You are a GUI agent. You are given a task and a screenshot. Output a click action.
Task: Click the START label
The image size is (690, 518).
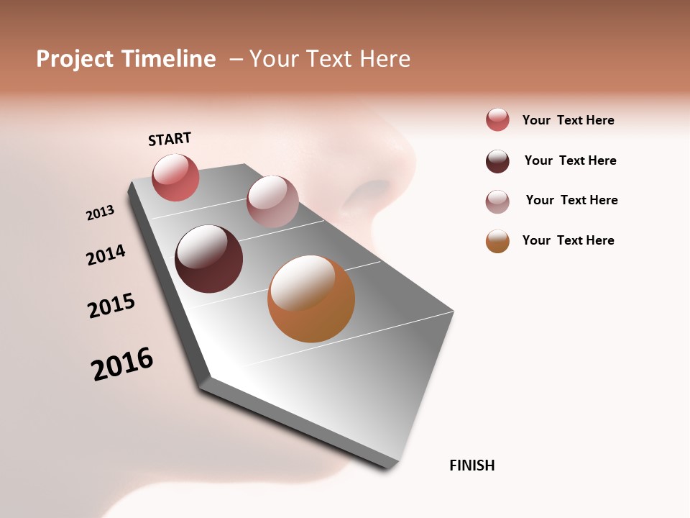170,139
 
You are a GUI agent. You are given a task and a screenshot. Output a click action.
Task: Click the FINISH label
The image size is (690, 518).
471,465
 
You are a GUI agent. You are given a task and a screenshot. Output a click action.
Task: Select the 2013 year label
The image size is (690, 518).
100,213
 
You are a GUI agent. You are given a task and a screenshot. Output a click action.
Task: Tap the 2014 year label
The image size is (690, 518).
106,255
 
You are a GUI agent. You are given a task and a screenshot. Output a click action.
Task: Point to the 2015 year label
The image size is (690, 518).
111,306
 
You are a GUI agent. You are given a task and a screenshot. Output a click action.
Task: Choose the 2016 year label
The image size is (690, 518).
122,364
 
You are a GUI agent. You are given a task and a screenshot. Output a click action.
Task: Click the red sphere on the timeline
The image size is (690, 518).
175,178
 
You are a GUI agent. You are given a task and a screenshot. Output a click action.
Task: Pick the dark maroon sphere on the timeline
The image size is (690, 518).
208,259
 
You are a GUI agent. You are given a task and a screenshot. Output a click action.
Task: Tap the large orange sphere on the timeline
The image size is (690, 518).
311,299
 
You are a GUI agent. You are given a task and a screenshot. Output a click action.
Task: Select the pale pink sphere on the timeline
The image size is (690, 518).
272,201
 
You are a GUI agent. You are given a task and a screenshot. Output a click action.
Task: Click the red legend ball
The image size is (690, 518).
497,120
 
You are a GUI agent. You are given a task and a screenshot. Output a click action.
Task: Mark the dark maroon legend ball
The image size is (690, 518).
497,161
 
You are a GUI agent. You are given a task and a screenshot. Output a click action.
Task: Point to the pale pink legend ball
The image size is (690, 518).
497,201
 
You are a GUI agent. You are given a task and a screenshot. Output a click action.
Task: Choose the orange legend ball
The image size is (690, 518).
497,241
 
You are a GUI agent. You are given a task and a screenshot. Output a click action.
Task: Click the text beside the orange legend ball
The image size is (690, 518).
568,240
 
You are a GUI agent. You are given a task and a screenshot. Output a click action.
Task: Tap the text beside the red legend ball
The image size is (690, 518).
568,120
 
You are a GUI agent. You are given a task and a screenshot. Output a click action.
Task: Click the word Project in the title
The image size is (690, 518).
75,59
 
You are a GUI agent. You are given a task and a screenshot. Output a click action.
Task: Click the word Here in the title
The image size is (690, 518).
385,59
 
